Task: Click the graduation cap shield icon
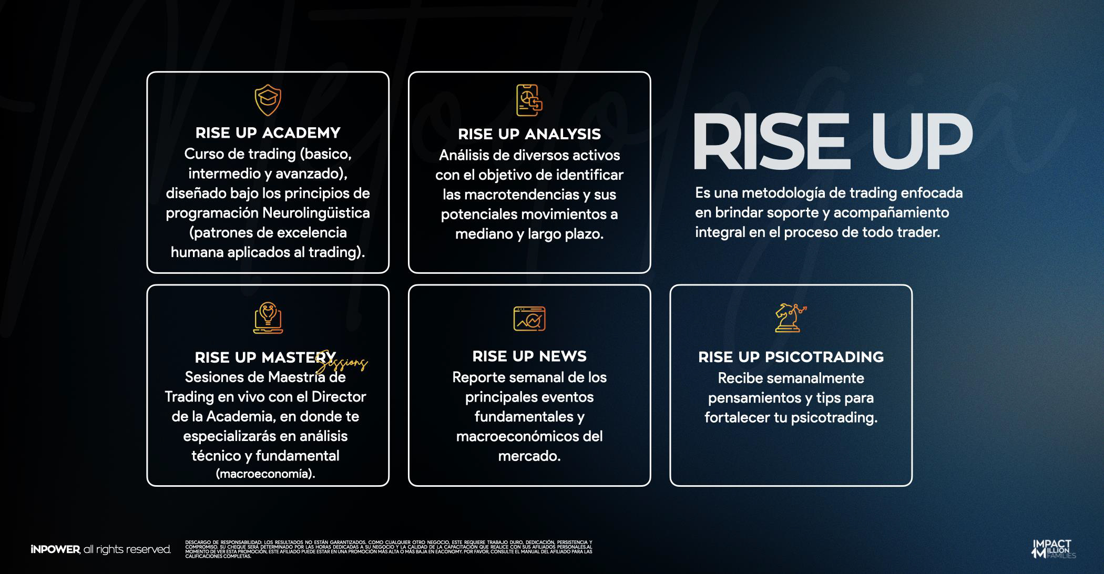[268, 101]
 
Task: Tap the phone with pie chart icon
[529, 100]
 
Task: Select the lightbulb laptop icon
[268, 317]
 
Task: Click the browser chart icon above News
[529, 319]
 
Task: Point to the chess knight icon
[790, 317]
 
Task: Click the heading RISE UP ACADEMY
[268, 133]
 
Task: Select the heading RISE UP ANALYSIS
[529, 135]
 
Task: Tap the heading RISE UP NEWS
[529, 356]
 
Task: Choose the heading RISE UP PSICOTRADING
[791, 357]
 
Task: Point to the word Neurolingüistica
[316, 213]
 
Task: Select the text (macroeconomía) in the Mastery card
[265, 474]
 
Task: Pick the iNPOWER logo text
[55, 550]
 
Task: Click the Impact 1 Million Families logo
[1053, 549]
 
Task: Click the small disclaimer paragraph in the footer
[389, 549]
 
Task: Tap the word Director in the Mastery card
[339, 397]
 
